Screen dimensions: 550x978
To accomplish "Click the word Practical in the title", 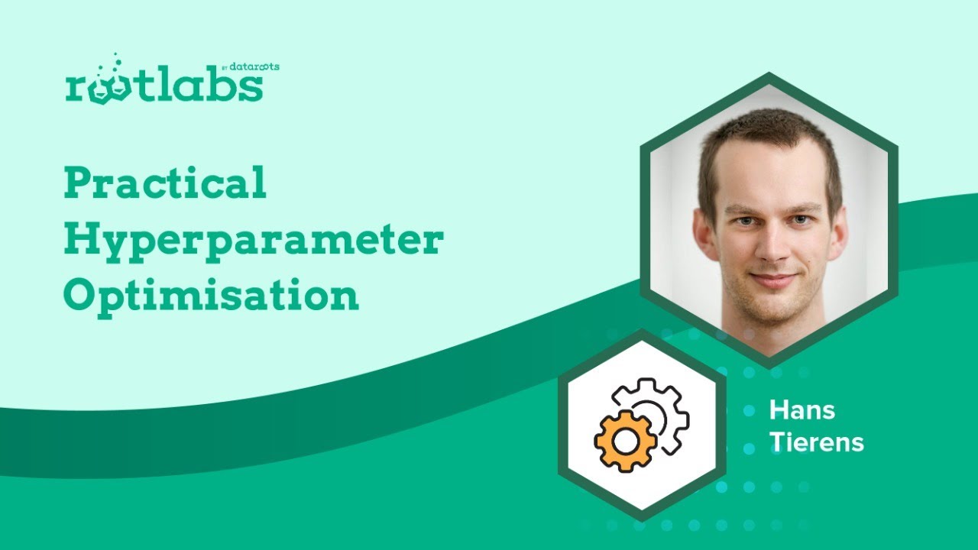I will [x=165, y=184].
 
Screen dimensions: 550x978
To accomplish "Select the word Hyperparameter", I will [x=254, y=241].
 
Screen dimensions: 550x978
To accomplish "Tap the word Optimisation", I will [x=211, y=296].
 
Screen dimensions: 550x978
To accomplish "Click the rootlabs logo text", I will [x=164, y=86].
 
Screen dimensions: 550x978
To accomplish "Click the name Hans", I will [x=802, y=410].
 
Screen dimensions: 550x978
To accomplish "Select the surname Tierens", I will [x=816, y=442].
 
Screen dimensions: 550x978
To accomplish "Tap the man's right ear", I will [x=704, y=234].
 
